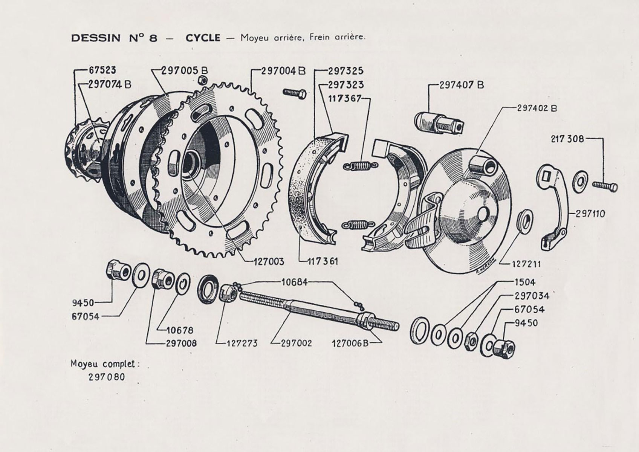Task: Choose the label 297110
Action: [x=590, y=214]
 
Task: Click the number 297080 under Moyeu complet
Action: [x=107, y=377]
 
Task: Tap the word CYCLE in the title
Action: [x=203, y=38]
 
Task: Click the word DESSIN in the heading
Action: [x=96, y=38]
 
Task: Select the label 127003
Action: [x=269, y=261]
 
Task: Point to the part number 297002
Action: [x=297, y=343]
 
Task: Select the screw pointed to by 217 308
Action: [x=605, y=186]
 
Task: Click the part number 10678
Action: [x=180, y=330]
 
